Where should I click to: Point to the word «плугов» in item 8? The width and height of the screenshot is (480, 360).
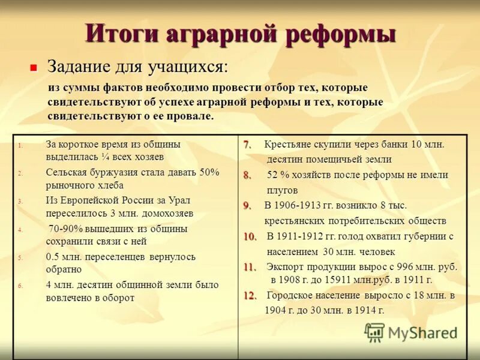[282, 190]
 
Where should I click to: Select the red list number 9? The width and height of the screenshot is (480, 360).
[247, 206]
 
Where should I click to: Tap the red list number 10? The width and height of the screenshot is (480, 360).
[250, 236]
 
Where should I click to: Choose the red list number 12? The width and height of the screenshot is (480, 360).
[250, 296]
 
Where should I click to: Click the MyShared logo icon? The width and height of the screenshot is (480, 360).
[374, 332]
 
